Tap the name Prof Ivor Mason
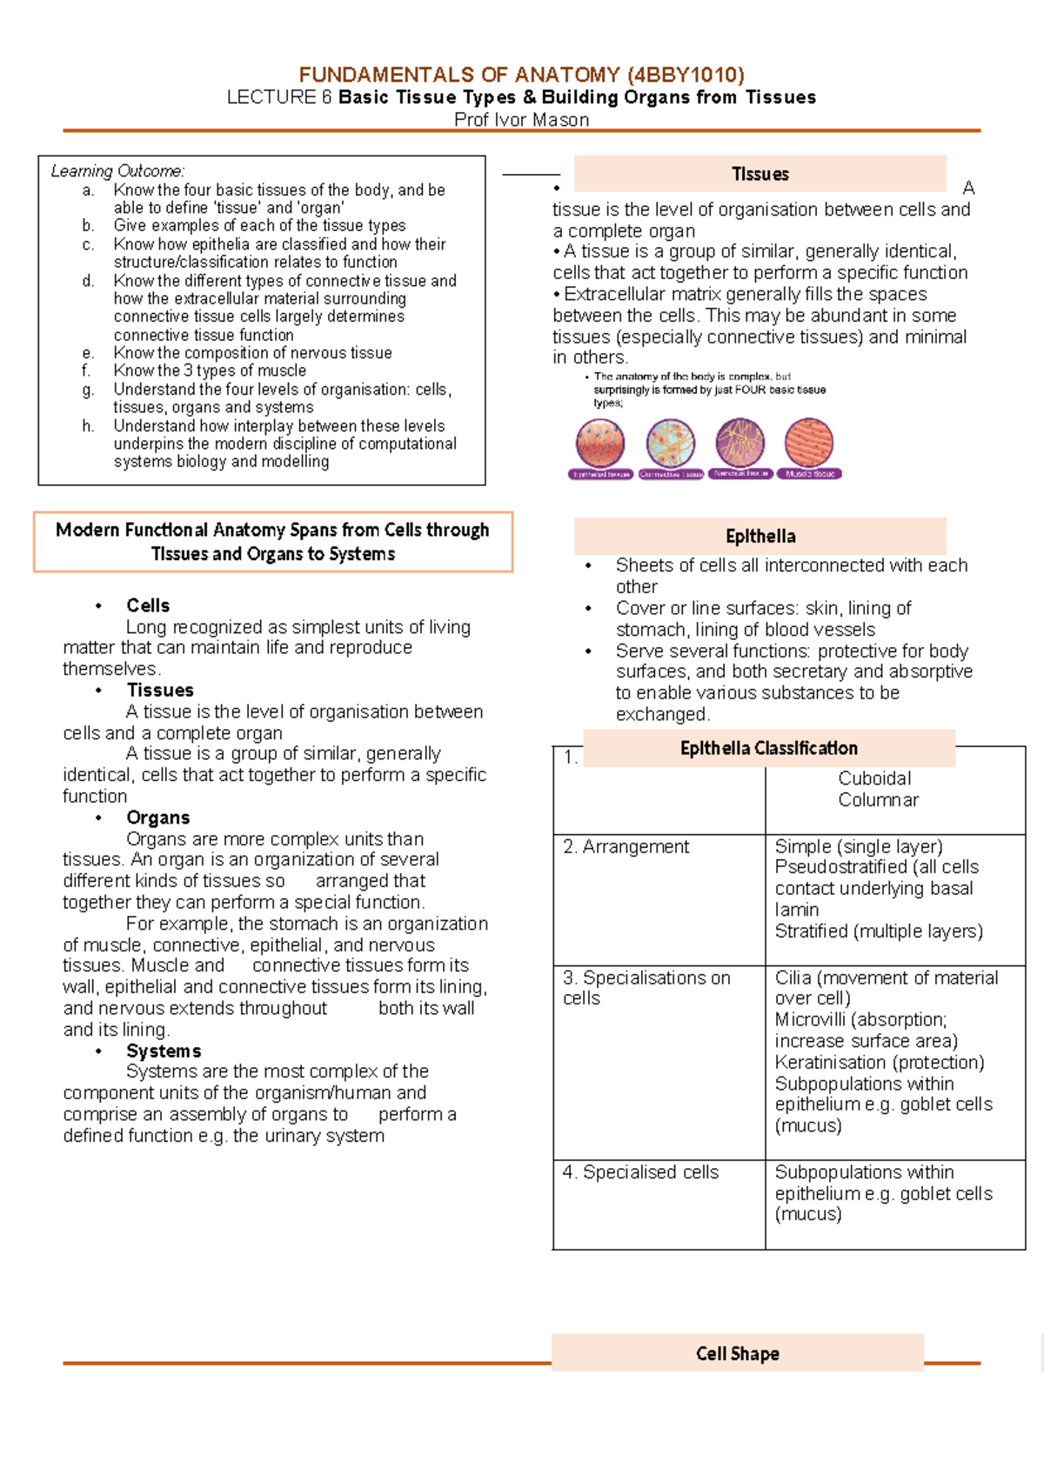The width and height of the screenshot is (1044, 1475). tap(522, 120)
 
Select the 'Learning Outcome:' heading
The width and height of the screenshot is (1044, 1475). tap(117, 171)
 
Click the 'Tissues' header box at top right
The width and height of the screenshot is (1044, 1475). tap(760, 174)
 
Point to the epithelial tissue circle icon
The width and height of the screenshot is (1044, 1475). tap(600, 443)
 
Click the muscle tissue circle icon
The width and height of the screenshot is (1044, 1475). tap(809, 443)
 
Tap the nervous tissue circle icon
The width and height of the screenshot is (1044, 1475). tap(739, 443)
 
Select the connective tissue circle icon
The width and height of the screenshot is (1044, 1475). tap(670, 443)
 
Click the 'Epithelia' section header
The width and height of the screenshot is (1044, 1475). tap(760, 537)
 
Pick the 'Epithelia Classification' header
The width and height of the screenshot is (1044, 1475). tap(768, 748)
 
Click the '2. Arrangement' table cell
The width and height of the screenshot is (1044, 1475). tap(626, 847)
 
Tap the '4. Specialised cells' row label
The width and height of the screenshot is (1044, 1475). tap(641, 1172)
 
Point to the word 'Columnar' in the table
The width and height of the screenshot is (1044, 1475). tap(878, 800)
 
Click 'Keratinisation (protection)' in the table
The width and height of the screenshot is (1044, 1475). tap(880, 1063)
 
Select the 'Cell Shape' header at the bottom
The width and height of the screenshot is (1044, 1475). tap(737, 1353)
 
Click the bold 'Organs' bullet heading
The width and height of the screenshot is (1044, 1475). tap(157, 818)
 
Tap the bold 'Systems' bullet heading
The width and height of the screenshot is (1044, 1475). tap(164, 1051)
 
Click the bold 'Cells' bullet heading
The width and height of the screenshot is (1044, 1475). tap(148, 605)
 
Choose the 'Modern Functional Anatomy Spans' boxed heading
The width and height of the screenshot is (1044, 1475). tap(272, 542)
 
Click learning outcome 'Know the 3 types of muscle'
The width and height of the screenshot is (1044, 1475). tap(210, 370)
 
